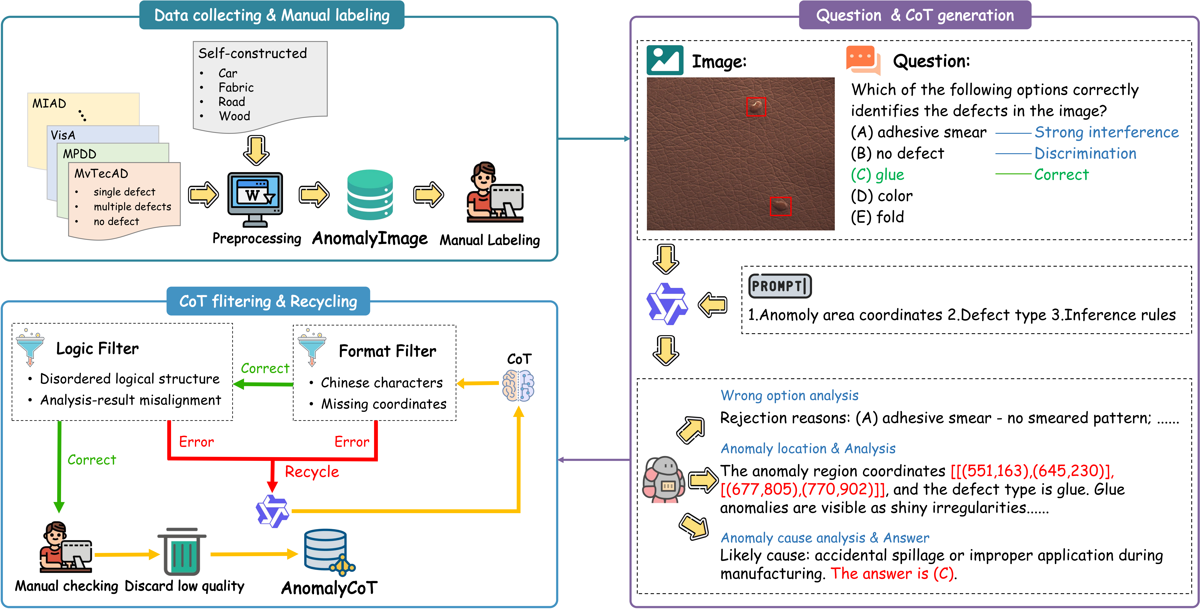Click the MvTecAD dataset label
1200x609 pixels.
tap(101, 174)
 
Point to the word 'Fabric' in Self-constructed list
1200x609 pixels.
tap(236, 88)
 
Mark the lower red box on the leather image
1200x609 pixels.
tap(780, 206)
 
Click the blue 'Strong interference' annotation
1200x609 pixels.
tap(1106, 132)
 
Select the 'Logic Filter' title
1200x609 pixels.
tap(97, 348)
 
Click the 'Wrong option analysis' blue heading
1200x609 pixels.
tap(789, 396)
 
